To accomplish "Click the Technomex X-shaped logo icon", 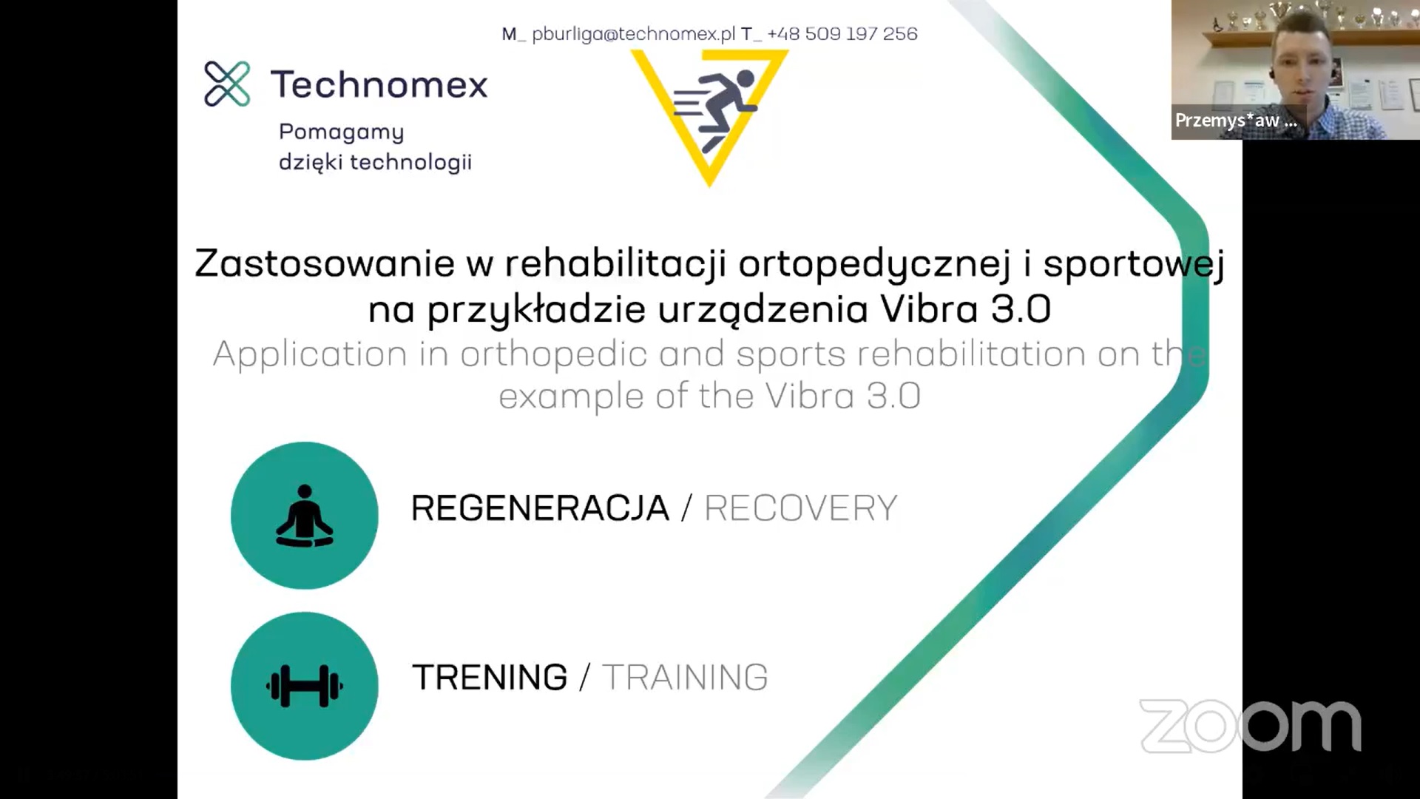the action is coord(227,84).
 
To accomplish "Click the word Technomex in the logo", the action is coord(379,84).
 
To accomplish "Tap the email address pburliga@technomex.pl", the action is coord(633,34).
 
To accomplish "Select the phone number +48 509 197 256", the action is coord(842,33).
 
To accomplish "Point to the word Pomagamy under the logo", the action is coord(341,132).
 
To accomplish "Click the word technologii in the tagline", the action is coord(410,161).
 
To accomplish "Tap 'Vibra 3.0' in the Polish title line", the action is coord(965,309).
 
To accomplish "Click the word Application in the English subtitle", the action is coord(310,355).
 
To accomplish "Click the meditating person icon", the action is coord(304,516).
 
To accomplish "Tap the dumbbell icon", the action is coord(304,686).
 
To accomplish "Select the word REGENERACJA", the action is coord(540,508).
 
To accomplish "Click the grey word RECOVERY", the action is coord(801,508).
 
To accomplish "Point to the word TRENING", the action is coord(490,677).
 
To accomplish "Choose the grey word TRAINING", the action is coord(685,677).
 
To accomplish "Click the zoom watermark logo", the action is coord(1250,726).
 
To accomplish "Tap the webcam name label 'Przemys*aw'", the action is coord(1227,120).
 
